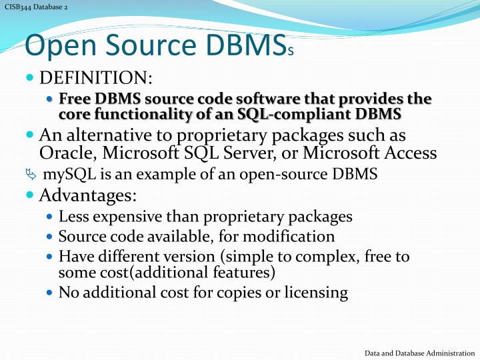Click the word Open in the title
[x=58, y=45]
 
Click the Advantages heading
[x=87, y=196]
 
